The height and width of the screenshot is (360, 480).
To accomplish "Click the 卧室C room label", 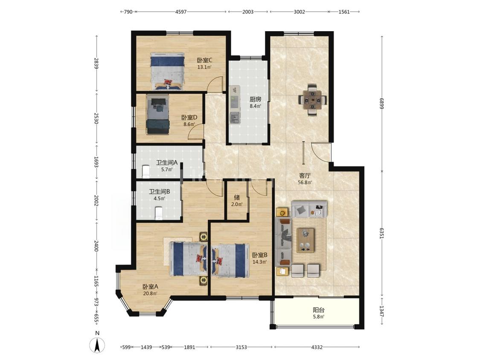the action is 204,60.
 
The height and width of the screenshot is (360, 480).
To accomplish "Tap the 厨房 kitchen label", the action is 255,99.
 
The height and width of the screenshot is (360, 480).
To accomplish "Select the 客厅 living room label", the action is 305,176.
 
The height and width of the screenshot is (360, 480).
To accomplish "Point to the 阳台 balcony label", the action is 319,310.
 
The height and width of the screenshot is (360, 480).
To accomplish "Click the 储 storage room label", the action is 237,197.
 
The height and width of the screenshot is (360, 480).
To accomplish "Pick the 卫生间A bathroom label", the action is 166,163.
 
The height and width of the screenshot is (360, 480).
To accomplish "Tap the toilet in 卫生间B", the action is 159,213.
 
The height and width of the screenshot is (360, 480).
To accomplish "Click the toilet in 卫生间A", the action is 146,171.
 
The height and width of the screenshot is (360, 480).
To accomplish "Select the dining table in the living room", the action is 313,100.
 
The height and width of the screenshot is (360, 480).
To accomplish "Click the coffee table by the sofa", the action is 305,240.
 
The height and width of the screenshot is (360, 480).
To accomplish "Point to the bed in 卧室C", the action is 167,71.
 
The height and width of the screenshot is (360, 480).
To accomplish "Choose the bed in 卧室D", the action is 157,114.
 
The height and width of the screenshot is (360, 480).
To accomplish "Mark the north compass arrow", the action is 97,345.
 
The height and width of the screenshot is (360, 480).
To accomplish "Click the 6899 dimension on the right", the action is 382,103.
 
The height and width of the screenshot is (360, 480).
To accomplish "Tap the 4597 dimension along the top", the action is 180,12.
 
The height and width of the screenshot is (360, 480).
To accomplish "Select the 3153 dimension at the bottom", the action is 241,347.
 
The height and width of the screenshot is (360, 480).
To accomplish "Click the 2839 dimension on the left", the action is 96,64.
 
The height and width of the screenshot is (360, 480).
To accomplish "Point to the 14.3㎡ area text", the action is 259,262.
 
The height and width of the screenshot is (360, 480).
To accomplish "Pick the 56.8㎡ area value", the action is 305,183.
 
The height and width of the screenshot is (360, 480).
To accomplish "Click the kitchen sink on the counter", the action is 235,116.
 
